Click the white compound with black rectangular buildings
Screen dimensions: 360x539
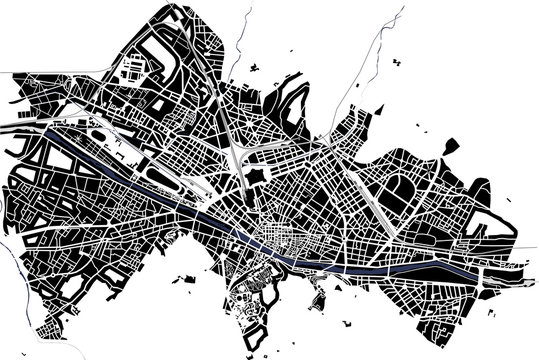[x=131, y=70]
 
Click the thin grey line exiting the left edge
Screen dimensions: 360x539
[x=8, y=72]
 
